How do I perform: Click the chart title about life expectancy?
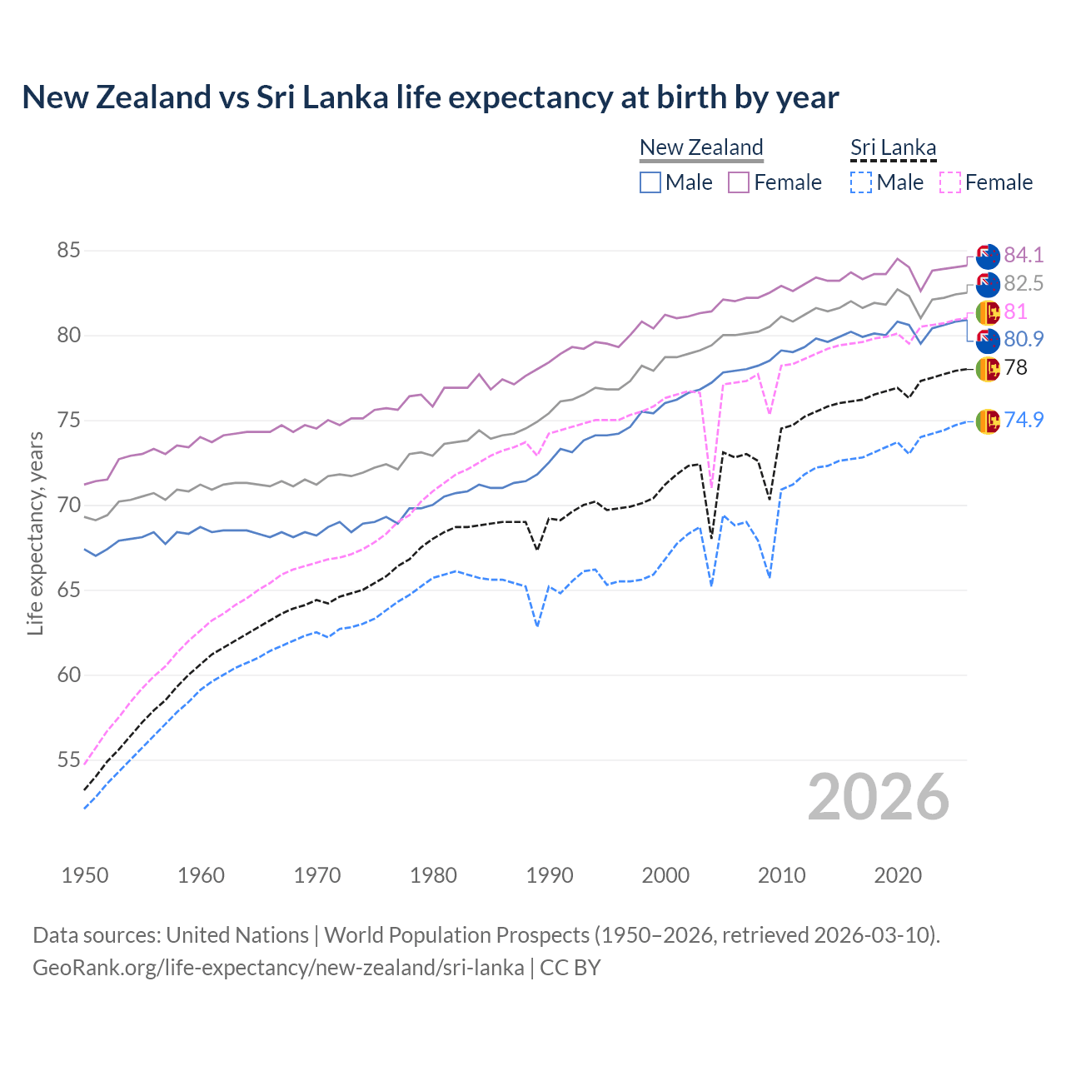tap(430, 97)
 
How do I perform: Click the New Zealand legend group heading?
tap(701, 147)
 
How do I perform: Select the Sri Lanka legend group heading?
tap(893, 147)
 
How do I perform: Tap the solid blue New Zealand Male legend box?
tap(650, 182)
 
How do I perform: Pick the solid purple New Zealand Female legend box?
tap(739, 182)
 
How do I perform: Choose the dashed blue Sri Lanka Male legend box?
tap(861, 182)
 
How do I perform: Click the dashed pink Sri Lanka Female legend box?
tap(949, 182)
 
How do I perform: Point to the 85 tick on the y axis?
tap(69, 251)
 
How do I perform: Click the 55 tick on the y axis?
tap(69, 760)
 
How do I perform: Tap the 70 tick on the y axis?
tap(69, 505)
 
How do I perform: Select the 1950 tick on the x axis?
tap(85, 875)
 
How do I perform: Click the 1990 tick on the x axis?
tap(550, 875)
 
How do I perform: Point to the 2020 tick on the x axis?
tap(898, 875)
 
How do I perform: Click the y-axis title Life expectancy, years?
tap(35, 533)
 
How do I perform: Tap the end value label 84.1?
tap(1024, 255)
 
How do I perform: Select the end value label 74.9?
tap(1024, 420)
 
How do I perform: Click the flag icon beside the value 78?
tap(988, 368)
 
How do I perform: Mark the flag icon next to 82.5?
tap(988, 284)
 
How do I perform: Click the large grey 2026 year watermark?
tap(878, 797)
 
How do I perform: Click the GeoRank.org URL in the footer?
tap(278, 968)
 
